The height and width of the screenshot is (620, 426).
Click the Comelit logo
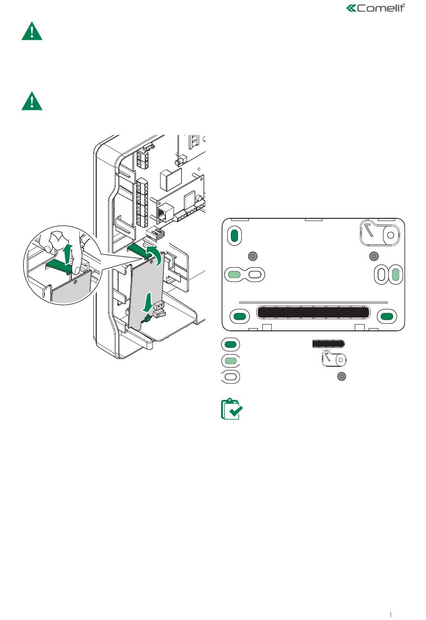point(375,8)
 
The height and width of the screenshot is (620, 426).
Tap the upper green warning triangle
point(32,31)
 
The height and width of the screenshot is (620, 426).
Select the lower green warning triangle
point(32,101)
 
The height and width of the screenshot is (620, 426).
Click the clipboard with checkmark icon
point(232,409)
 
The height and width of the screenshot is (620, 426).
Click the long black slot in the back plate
point(313,312)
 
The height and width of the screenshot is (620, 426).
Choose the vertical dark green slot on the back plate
point(234,235)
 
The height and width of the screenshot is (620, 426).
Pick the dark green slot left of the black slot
point(240,316)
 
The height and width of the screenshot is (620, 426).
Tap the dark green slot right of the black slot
point(387,316)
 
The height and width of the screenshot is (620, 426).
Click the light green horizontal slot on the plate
point(234,274)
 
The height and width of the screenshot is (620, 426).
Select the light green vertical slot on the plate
point(396,274)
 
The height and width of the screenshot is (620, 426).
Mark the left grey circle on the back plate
point(253,256)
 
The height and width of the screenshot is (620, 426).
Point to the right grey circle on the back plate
point(374,256)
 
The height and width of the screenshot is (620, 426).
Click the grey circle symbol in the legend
point(342,377)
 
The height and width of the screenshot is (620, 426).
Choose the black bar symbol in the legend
point(328,344)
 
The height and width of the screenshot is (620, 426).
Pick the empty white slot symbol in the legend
point(230,377)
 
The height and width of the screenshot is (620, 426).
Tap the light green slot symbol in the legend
point(230,360)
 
